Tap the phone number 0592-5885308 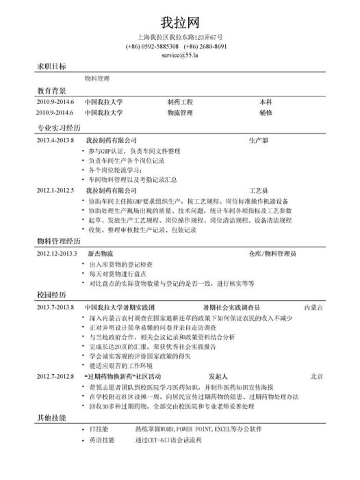coord(152,46)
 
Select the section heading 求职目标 coord(51,67)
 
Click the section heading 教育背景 coord(51,90)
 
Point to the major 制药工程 coord(180,101)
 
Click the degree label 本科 coord(266,101)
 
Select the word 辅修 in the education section coord(266,112)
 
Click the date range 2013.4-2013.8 coord(55,139)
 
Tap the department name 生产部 coord(259,139)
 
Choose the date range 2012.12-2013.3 coord(57,253)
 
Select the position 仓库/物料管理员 coord(272,253)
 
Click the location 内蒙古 coord(313,307)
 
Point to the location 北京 coord(316,376)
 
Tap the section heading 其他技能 coord(51,417)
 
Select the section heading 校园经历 coord(51,295)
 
